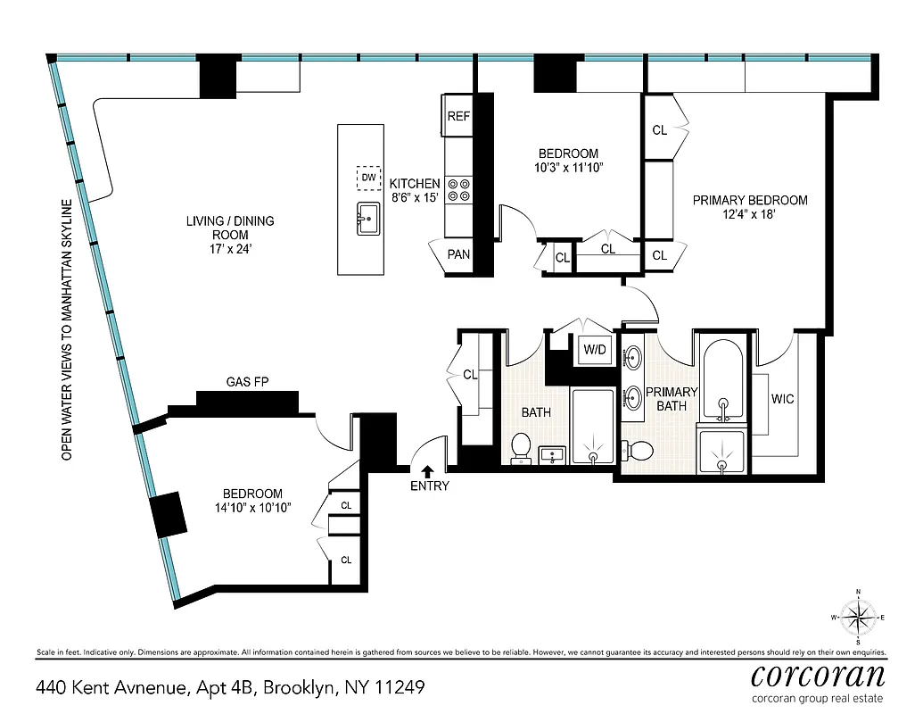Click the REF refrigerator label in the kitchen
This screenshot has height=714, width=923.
(x=458, y=116)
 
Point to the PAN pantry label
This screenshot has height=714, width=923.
(x=458, y=254)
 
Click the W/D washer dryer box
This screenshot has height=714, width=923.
(x=595, y=350)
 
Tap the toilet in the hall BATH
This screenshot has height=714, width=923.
(x=521, y=445)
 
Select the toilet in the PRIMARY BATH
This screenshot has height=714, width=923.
(x=639, y=449)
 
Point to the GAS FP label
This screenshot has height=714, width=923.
(x=247, y=382)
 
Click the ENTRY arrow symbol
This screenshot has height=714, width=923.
(x=428, y=470)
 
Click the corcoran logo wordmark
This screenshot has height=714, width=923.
(x=818, y=673)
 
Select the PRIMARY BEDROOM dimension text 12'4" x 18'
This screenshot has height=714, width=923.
(x=750, y=215)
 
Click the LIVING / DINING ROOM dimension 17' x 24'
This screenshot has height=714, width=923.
(x=229, y=251)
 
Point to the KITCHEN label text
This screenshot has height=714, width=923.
(x=415, y=183)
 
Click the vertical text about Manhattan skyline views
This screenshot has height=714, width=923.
(x=66, y=329)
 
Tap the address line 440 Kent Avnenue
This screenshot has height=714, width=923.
(x=229, y=688)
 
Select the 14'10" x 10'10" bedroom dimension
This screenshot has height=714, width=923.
(x=252, y=508)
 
